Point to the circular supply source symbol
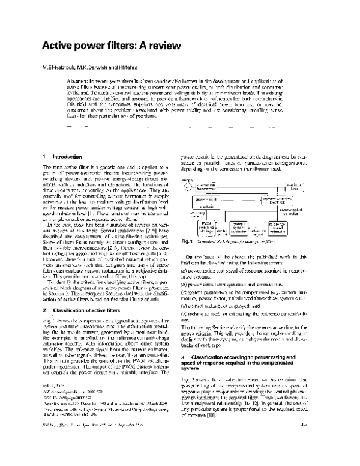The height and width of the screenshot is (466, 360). [187, 187]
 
